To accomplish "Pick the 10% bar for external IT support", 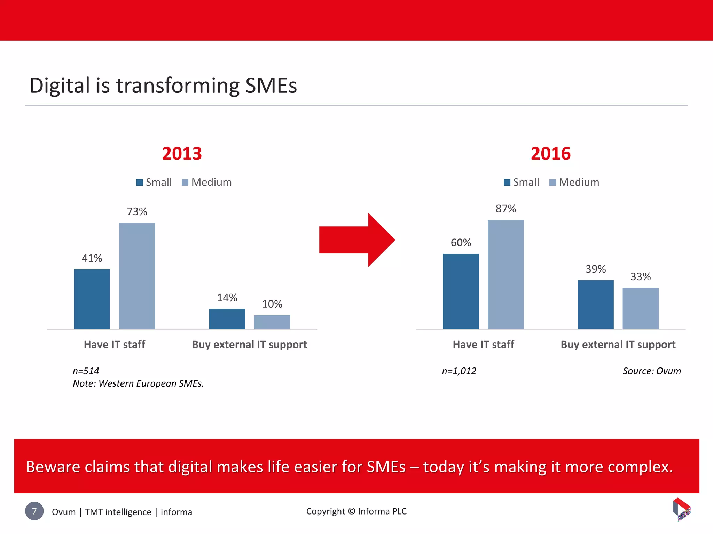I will pos(272,322).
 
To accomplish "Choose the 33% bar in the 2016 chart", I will pos(640,308).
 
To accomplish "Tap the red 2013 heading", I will pos(182,154).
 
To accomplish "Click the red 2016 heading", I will pos(550,154).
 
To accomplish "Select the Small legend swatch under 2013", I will pos(140,183).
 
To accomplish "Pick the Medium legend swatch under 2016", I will pos(553,183).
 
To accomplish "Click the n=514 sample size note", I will pos(86,371).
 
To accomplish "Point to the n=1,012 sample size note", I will pos(459,371).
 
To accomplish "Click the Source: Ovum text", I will pos(651,371).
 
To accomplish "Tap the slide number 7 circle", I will pos(34,511).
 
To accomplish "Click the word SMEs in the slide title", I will pos(271,86).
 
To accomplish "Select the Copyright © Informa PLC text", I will pos(356,511).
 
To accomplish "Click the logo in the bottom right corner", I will pos(681,510).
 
